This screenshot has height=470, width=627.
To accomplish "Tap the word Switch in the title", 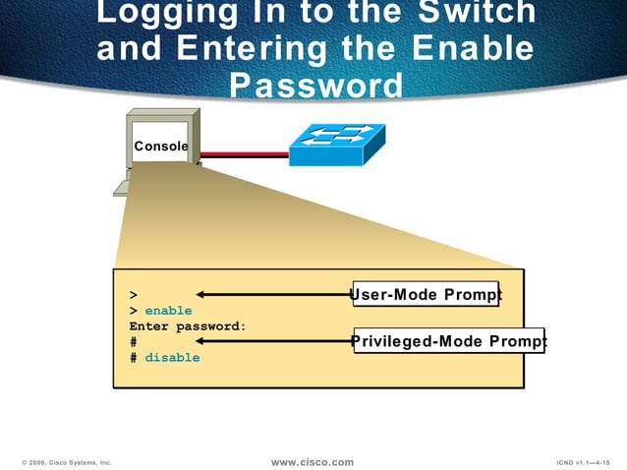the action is click(x=477, y=14).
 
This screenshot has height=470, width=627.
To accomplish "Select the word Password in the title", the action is click(x=314, y=85).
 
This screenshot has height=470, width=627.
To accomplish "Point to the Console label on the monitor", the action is click(x=161, y=147).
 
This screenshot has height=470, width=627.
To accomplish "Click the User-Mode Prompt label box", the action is click(x=426, y=294).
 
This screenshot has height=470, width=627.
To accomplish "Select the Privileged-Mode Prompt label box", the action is click(x=448, y=341).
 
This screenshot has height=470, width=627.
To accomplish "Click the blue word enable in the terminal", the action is click(x=168, y=311).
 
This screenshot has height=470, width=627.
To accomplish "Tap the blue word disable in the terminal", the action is click(x=172, y=358).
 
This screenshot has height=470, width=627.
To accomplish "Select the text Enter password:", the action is click(x=187, y=325).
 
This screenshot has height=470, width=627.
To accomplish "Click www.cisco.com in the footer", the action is click(x=312, y=462).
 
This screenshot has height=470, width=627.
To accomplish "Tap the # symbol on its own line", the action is click(x=133, y=342).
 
